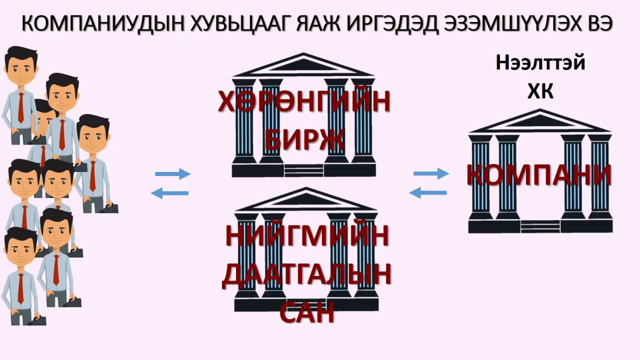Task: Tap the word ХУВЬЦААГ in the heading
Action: point(241,24)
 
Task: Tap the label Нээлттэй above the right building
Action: point(540,63)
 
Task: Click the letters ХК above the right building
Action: point(540,91)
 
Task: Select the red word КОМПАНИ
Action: point(539,174)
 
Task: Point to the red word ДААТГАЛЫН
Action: point(306,275)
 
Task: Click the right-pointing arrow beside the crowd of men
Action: point(173,173)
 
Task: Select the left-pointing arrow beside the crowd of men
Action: point(169,193)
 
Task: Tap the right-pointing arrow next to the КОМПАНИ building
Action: point(431,173)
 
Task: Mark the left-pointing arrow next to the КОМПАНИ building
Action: point(428,193)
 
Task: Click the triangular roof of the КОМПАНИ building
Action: point(539,121)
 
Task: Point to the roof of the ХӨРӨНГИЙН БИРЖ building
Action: point(303,65)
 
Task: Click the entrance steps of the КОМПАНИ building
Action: point(540,226)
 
